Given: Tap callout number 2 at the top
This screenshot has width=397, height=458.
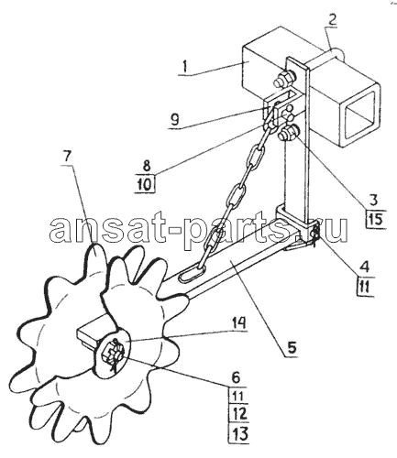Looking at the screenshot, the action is tap(332, 18).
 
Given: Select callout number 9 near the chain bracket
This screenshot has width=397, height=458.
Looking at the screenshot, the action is tap(174, 120).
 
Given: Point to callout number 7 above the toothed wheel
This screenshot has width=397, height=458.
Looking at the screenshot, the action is tap(67, 157).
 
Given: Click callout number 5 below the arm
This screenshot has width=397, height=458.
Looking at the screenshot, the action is tap(292, 347).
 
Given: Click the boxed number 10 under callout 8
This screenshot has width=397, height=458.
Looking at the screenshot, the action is tap(146, 184).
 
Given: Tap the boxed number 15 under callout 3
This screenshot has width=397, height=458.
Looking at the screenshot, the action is tap(376, 219).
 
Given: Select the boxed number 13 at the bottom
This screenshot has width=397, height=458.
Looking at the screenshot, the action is tap(239, 433).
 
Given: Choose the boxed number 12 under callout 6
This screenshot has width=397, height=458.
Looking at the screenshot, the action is tap(239, 415).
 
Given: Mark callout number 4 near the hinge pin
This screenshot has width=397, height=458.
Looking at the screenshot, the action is tap(364, 267).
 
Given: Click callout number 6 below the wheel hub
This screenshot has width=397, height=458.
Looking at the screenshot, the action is tap(237, 378).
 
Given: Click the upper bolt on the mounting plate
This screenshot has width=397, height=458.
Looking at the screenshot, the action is tap(285, 78).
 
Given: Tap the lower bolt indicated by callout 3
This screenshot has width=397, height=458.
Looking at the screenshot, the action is tap(289, 134).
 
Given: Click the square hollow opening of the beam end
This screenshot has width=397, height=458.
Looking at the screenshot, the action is tap(360, 114).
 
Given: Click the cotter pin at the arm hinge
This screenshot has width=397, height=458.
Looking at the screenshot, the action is tap(314, 234).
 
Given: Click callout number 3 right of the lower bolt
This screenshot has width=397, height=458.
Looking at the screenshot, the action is tap(373, 200).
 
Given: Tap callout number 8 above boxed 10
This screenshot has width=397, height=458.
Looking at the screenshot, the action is tap(147, 166).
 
